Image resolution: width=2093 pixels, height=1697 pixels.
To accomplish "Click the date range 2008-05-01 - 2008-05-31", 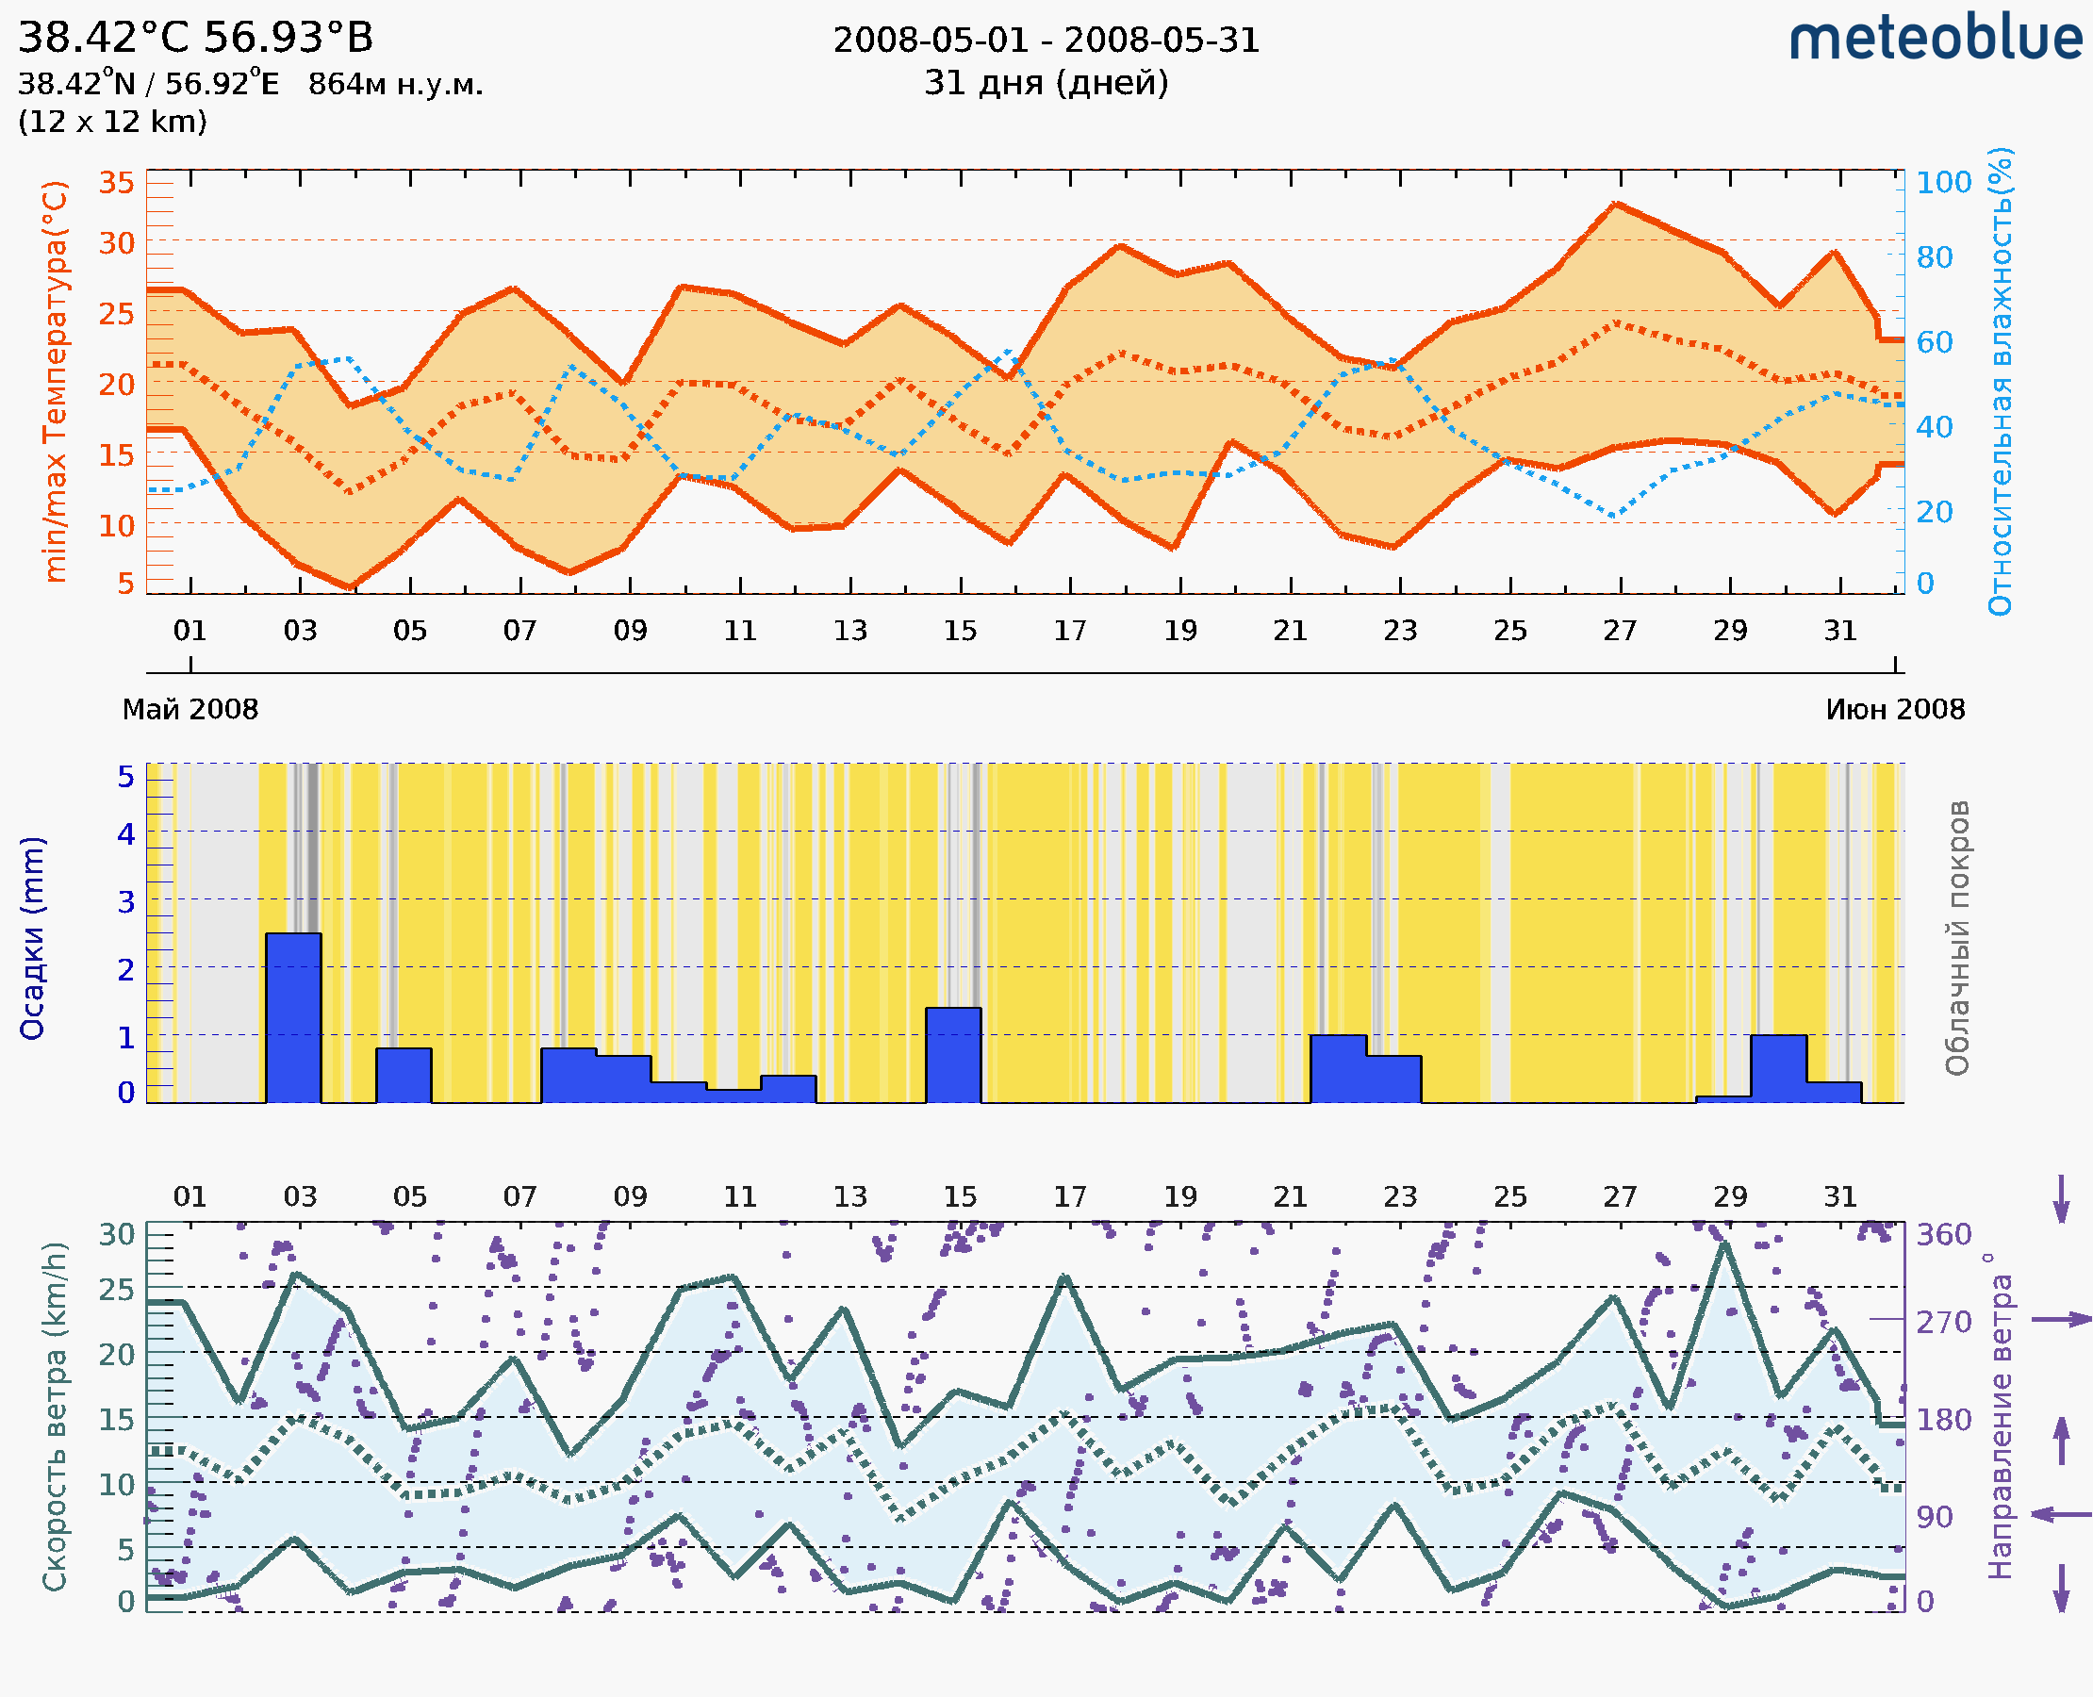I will point(1046,41).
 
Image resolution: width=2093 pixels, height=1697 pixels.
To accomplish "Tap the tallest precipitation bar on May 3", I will point(293,1016).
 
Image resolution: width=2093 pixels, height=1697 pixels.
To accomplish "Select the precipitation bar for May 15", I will point(953,1055).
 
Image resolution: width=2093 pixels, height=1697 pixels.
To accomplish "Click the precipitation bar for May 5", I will point(404,1076).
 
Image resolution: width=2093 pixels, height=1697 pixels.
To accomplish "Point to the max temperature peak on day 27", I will point(1617,205).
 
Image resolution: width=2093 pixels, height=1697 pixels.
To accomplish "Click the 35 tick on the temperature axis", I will point(116,183).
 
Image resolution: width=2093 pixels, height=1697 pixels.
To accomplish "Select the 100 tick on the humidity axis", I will point(1943,183).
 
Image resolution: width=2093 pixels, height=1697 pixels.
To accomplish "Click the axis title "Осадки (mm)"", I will point(32,938).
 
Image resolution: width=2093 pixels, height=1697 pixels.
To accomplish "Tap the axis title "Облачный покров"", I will point(1956,938).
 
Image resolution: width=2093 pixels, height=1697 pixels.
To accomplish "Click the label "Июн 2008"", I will point(1895,710).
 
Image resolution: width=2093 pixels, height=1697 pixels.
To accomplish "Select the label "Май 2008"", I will point(190,710).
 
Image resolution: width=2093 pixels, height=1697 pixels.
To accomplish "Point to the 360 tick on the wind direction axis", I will point(1943,1235).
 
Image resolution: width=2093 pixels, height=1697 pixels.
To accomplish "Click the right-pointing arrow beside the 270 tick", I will point(2061,1320).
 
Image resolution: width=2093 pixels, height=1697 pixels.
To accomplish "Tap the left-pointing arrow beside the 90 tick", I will point(2061,1514).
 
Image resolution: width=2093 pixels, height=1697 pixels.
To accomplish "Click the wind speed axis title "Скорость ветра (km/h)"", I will point(55,1417).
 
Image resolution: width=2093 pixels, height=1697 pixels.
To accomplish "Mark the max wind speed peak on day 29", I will point(1725,1244).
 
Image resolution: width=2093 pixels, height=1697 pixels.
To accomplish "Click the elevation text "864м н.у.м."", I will point(396,85).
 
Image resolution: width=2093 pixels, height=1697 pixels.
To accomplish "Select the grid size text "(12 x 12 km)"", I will point(112,123).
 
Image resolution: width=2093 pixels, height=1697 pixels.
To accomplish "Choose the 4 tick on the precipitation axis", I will point(126,834).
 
